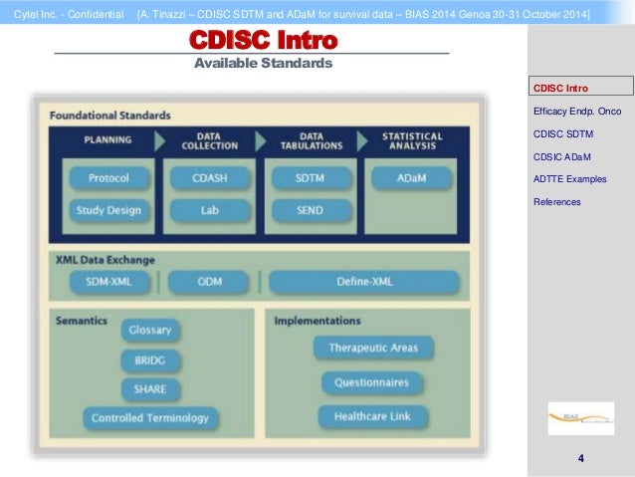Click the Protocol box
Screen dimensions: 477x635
[108, 179]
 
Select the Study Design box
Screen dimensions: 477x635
[108, 210]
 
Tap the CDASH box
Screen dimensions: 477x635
[209, 179]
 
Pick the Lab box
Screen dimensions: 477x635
[209, 210]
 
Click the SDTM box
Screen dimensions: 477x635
[310, 179]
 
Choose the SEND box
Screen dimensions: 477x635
[310, 210]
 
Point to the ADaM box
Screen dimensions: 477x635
[411, 179]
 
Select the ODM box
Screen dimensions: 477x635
[209, 282]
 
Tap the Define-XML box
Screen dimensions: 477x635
[364, 282]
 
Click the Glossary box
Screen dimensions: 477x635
[150, 330]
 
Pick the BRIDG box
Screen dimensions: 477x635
[150, 359]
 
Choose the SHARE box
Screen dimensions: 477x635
[150, 388]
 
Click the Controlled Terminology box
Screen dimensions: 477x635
[150, 418]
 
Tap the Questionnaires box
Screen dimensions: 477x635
[372, 382]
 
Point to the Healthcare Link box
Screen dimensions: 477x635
[372, 416]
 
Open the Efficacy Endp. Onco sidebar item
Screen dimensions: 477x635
[577, 111]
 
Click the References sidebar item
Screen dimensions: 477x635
[557, 202]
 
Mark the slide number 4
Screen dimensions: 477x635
[580, 459]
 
